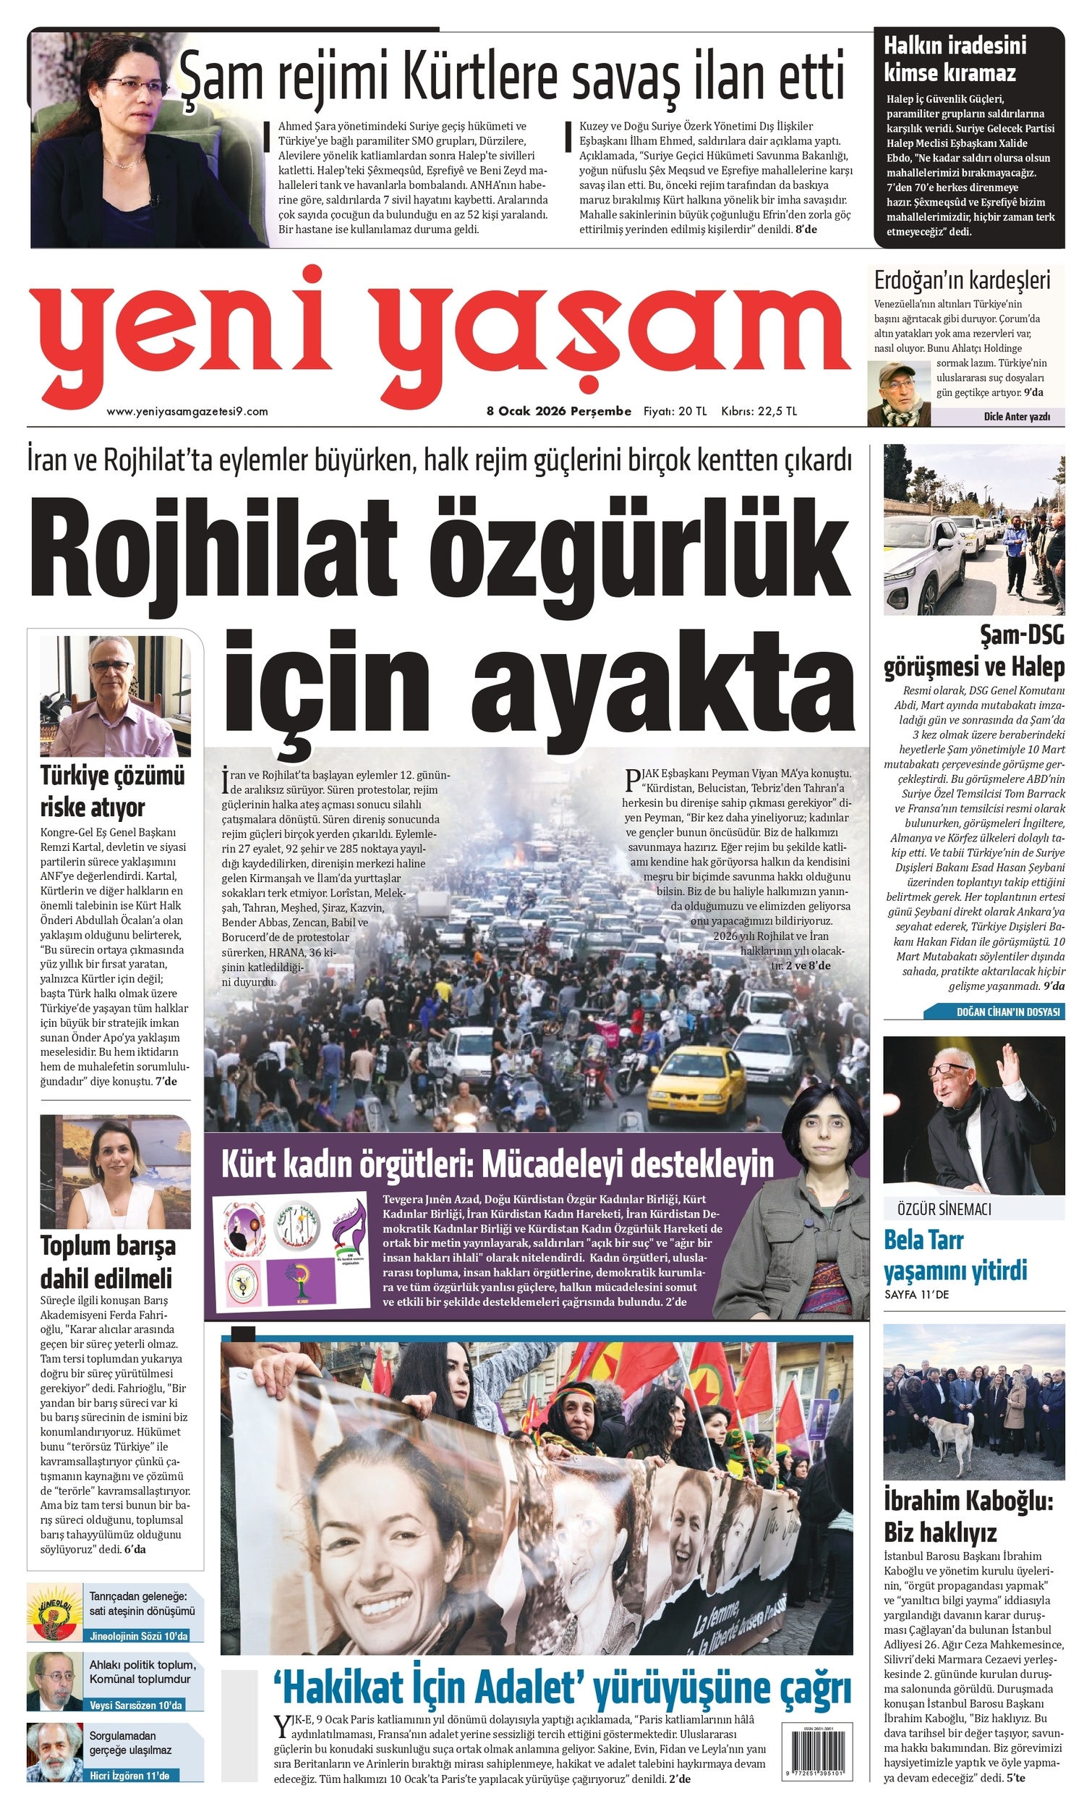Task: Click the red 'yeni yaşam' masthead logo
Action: [440, 334]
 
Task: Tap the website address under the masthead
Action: [187, 412]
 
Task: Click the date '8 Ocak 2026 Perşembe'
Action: [558, 411]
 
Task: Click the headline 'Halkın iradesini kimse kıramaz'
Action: [954, 59]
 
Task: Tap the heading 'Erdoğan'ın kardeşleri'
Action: [961, 281]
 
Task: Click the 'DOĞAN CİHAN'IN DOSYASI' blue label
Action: [1007, 1012]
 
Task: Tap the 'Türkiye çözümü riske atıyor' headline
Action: [112, 791]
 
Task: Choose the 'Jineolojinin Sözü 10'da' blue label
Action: [139, 1637]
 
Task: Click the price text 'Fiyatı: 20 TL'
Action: [675, 411]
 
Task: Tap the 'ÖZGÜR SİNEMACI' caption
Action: [944, 1209]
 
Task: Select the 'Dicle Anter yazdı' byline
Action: [1016, 417]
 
